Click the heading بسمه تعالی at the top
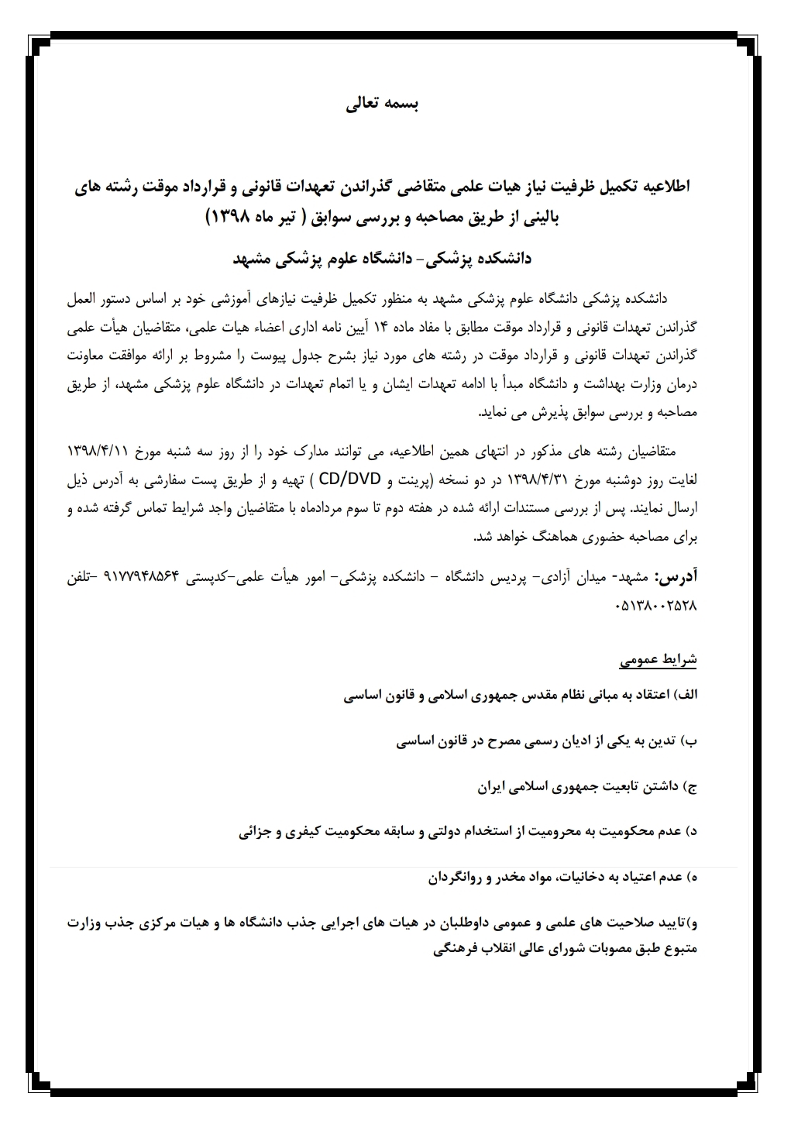[381, 105]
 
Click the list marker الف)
[686, 695]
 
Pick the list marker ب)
[689, 741]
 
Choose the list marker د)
[690, 832]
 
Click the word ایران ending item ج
[493, 787]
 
